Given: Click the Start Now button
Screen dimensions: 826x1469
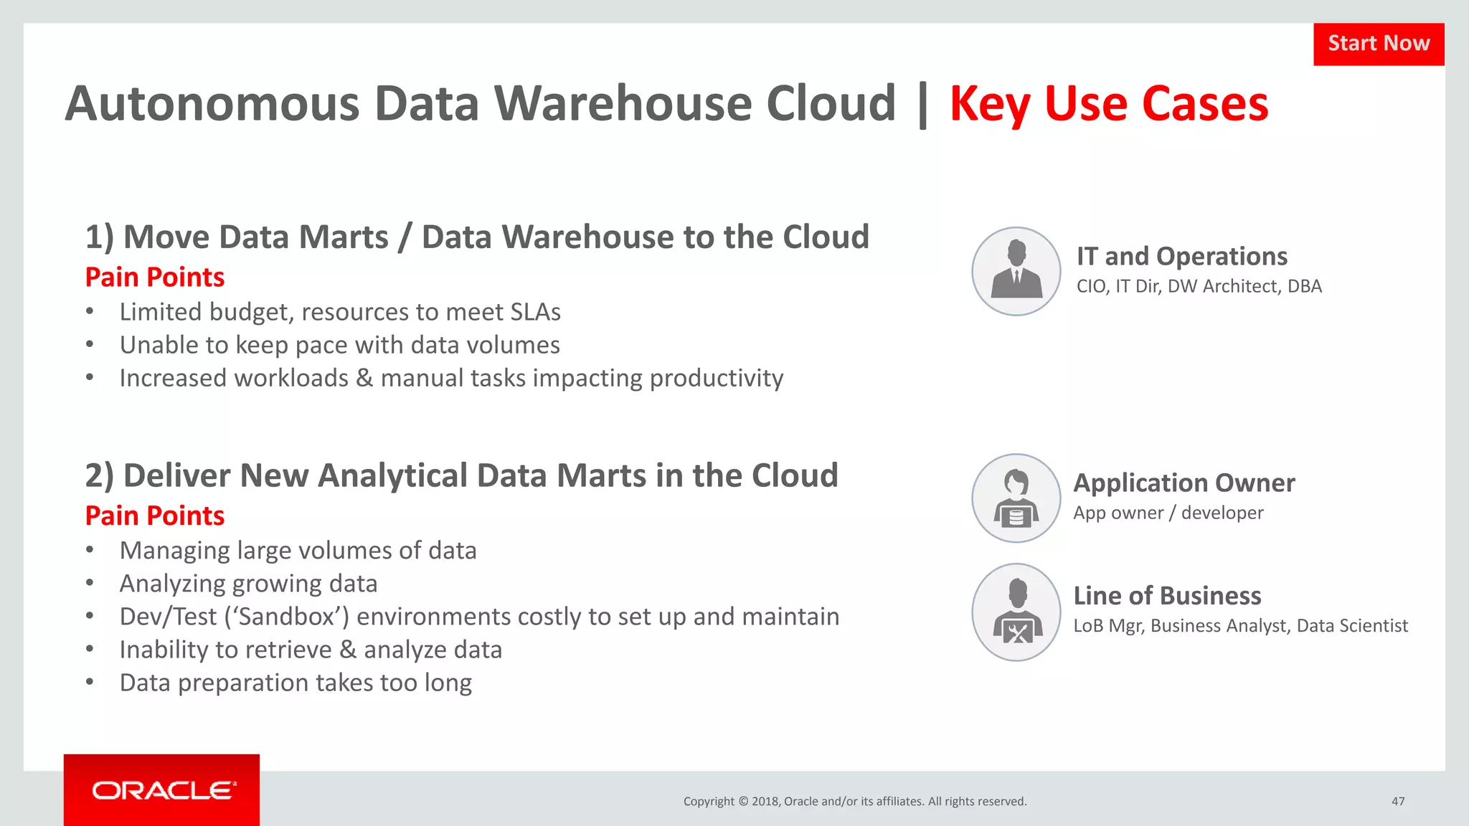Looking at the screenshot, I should (1378, 44).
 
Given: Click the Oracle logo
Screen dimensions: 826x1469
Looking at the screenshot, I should (163, 790).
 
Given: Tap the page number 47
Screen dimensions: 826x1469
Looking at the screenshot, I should (1398, 801).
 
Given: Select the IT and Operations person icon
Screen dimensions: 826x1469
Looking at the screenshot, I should (1016, 271).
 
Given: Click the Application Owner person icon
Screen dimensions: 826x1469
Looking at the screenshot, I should (1016, 498).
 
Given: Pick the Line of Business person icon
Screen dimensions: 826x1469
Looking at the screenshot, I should (1016, 612).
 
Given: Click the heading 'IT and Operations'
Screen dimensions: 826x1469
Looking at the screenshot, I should (1181, 256).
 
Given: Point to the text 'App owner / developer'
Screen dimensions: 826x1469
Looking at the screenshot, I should (1168, 513).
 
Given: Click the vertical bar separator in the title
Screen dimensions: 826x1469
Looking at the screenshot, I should (922, 105).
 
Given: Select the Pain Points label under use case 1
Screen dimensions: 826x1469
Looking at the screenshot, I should (154, 277).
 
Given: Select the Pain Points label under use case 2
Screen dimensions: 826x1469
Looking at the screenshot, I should (154, 516).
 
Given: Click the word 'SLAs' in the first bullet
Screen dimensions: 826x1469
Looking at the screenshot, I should (535, 312).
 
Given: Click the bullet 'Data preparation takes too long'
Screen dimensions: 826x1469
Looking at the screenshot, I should (296, 683).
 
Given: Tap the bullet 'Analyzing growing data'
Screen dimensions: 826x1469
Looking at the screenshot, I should (248, 584).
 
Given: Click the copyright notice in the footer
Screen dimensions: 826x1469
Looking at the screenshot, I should (854, 801).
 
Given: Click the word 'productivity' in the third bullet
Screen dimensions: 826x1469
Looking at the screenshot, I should (716, 379).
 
